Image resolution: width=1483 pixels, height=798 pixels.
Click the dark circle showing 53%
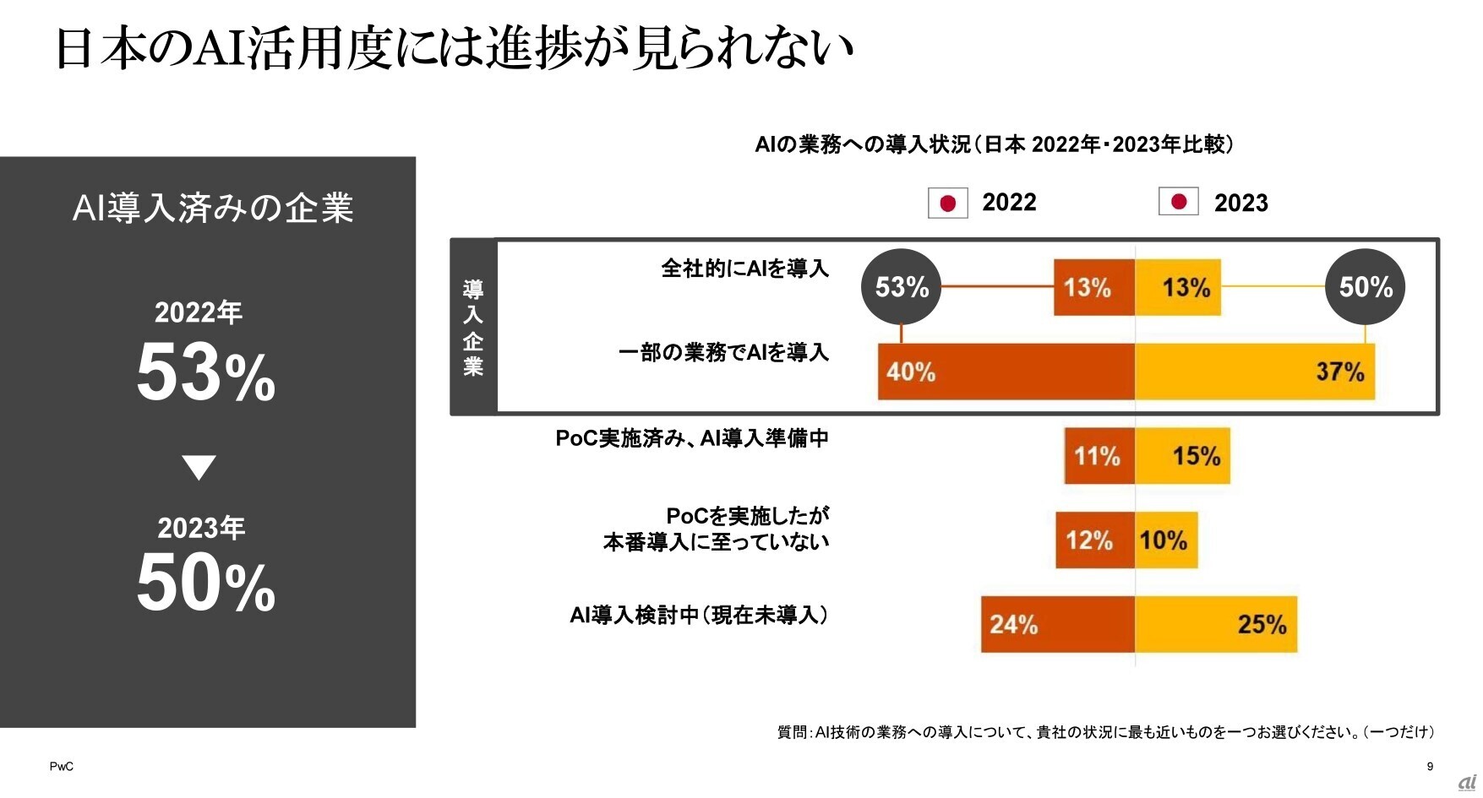pos(901,287)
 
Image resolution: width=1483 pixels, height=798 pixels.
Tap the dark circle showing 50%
pos(1365,287)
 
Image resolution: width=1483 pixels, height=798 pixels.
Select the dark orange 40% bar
pos(1006,372)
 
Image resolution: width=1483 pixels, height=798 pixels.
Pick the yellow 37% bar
pos(1255,372)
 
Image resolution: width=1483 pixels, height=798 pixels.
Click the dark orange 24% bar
pos(1057,624)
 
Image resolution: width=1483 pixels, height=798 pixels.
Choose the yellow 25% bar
pos(1216,624)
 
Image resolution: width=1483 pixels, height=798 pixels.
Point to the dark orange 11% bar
pos(1099,456)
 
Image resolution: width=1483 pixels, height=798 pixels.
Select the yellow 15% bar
pos(1182,456)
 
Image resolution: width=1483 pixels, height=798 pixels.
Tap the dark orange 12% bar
pos(1094,540)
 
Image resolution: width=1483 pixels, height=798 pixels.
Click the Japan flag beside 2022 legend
pos(947,203)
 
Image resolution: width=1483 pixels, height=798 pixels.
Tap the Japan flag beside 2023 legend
pos(1178,202)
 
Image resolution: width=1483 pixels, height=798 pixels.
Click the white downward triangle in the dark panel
pos(199,467)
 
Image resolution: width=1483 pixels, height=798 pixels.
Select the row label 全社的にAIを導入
pos(744,269)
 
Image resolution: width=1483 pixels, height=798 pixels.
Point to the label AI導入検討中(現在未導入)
pos(699,615)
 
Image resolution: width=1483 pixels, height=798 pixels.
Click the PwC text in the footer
pos(61,767)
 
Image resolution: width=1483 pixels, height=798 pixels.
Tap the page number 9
pos(1430,767)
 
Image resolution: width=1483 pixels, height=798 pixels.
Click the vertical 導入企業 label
pos(473,328)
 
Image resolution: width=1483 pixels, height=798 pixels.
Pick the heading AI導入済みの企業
pos(213,208)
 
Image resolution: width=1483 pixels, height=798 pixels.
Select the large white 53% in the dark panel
pos(206,373)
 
